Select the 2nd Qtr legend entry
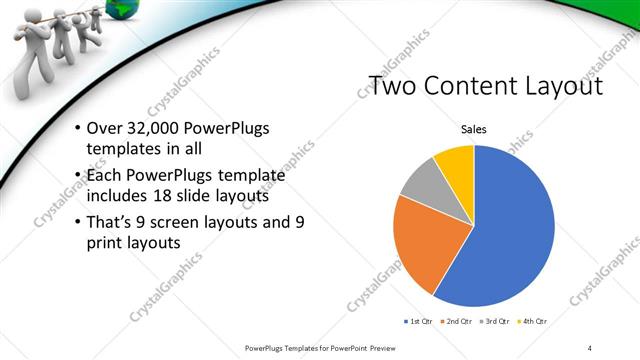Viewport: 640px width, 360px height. coord(456,321)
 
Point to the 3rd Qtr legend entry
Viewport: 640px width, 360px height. coord(495,321)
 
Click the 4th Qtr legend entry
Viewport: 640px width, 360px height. coord(533,321)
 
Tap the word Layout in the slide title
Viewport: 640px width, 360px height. coord(555,87)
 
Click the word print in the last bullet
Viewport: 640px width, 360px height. coord(107,241)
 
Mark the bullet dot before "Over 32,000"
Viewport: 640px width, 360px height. coord(79,131)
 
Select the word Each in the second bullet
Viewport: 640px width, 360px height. coord(105,176)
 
